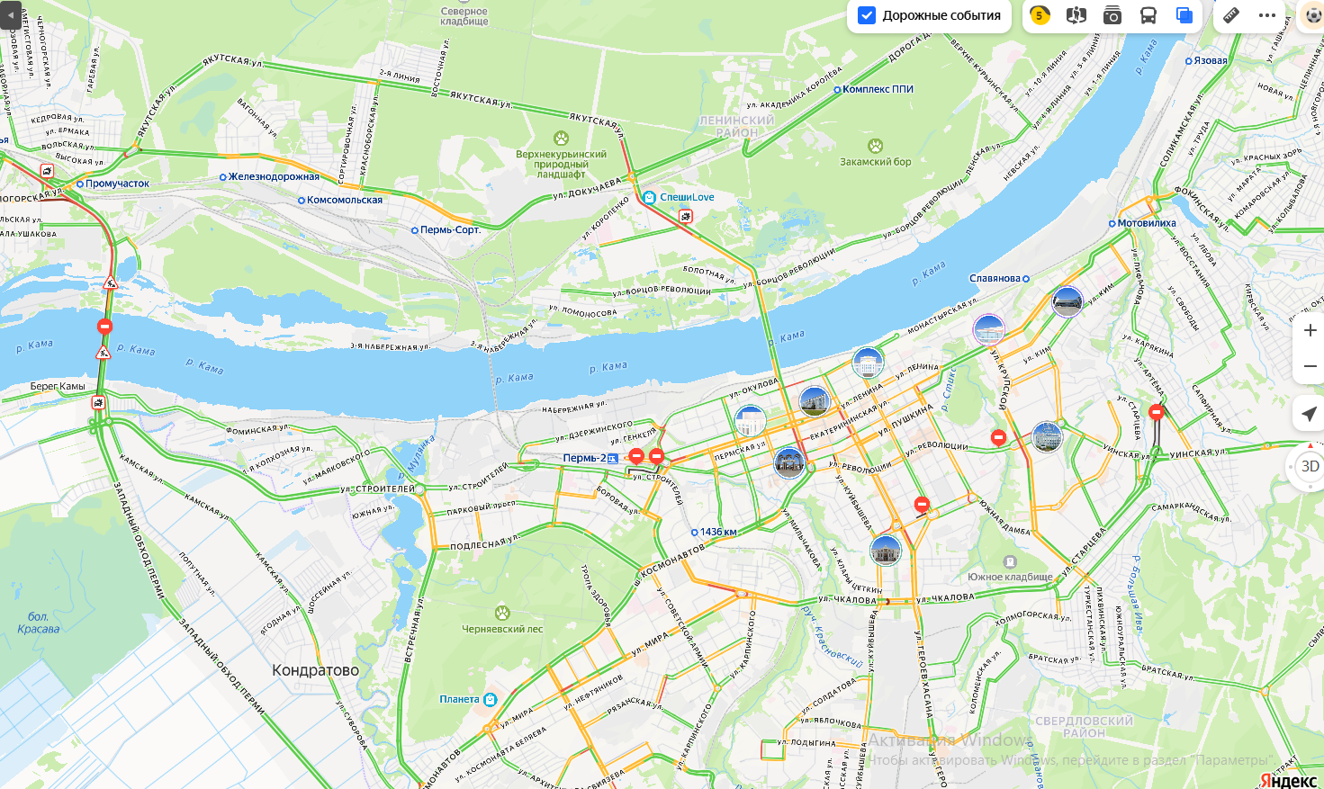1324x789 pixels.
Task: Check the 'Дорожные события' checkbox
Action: (867, 15)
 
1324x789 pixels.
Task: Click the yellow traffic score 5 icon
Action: (1040, 15)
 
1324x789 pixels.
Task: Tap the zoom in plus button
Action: (1310, 330)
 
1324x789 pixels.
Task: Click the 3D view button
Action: (1310, 466)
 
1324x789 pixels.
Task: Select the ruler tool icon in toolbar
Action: (1230, 15)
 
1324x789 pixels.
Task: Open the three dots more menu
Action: (1267, 15)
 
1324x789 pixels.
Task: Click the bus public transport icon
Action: (1148, 15)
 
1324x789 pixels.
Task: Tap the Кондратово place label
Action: (315, 670)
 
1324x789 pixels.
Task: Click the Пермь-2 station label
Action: (584, 458)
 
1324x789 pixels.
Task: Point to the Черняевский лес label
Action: (502, 629)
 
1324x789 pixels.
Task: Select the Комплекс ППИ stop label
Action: (878, 89)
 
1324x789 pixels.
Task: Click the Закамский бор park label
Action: (875, 162)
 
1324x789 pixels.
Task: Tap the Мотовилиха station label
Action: (1146, 223)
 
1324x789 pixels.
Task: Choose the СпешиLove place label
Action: (686, 197)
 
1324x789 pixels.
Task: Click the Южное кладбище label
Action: (1010, 577)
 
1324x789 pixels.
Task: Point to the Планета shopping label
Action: (459, 699)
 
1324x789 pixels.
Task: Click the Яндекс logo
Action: (1288, 779)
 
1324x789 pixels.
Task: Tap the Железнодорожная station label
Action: (274, 176)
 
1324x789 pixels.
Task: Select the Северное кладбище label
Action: (464, 16)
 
